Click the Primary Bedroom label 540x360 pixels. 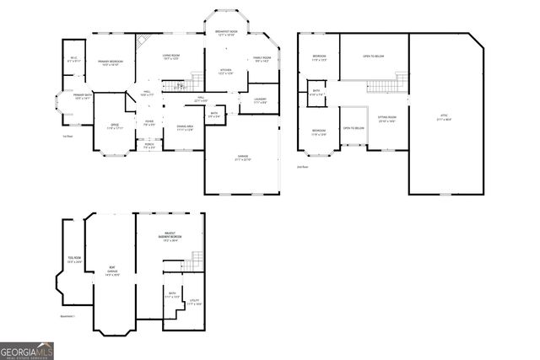tap(111, 63)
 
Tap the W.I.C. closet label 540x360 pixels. tap(73, 59)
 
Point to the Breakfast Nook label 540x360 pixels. tap(225, 33)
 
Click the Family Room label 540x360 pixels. tap(262, 59)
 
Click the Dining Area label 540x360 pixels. tap(185, 128)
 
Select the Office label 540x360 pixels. tap(113, 126)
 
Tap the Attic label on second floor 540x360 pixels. tap(444, 118)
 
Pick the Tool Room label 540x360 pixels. tap(74, 260)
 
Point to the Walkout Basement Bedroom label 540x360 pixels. tap(171, 239)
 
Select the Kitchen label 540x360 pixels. tap(225, 72)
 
